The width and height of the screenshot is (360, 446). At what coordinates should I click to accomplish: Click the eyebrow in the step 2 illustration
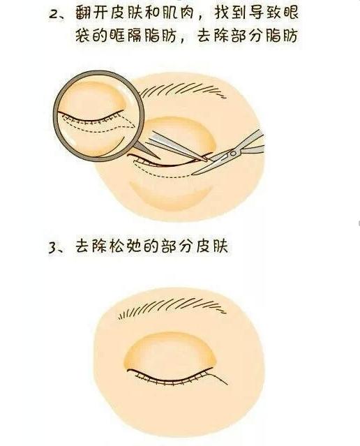pos(202,94)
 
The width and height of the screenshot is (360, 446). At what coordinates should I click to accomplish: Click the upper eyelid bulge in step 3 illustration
pos(181,352)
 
